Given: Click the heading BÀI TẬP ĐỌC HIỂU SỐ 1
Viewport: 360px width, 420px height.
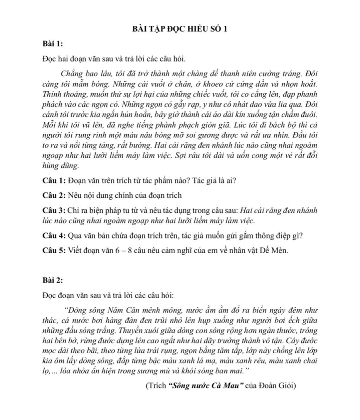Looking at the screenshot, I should coord(180,29).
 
